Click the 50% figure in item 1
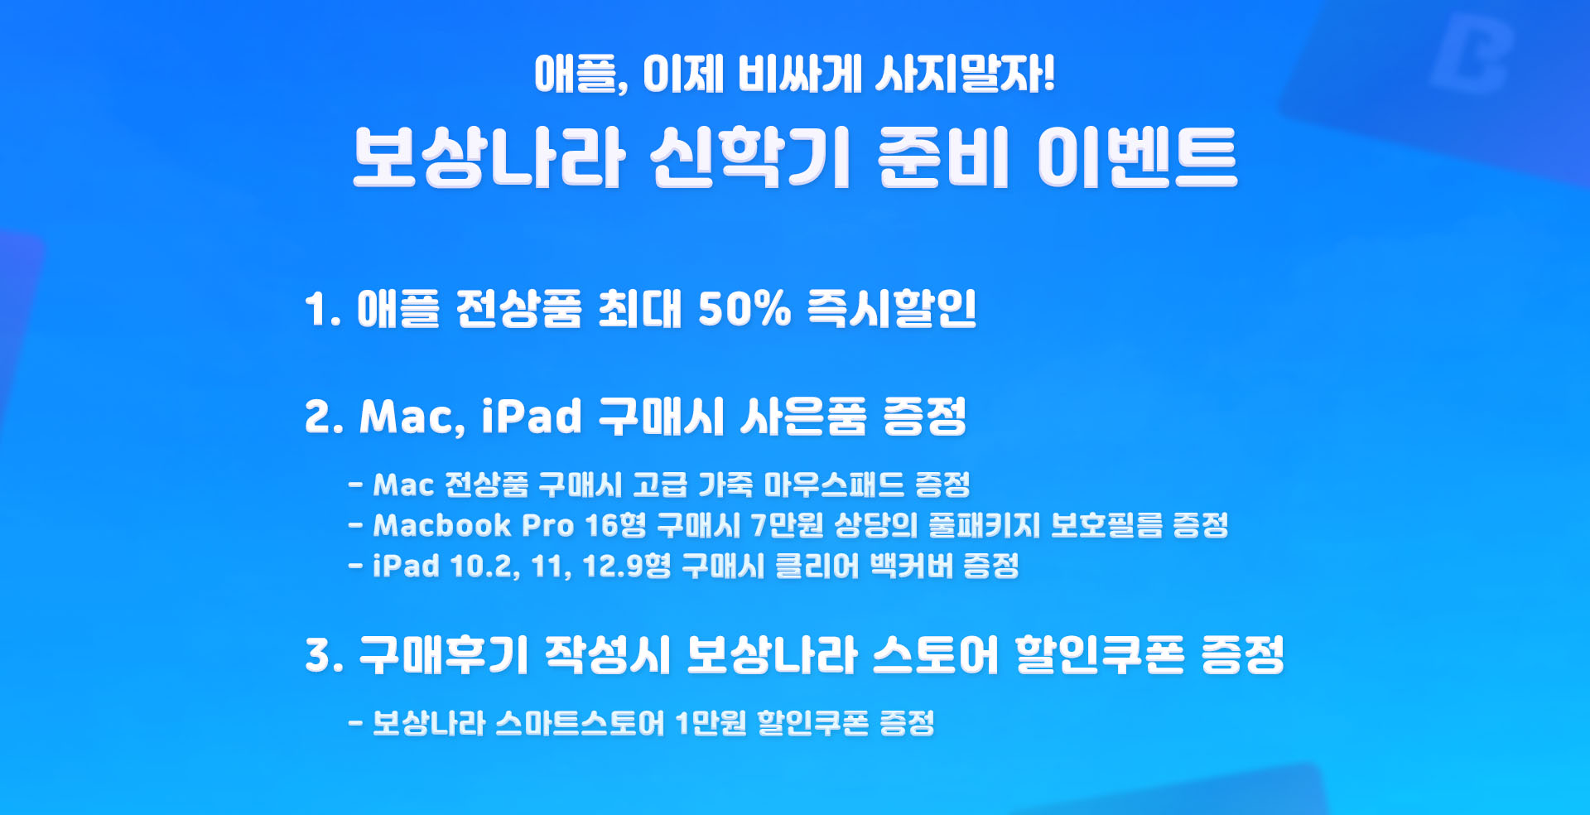click(x=744, y=309)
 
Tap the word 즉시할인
click(x=892, y=309)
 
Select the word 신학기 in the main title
click(x=750, y=157)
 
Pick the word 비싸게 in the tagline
click(x=800, y=74)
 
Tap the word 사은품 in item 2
click(x=803, y=416)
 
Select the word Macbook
click(x=442, y=525)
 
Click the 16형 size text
click(x=615, y=525)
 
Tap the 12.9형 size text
click(x=627, y=567)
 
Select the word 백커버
click(x=912, y=567)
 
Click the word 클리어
click(x=817, y=567)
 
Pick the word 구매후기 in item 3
click(x=444, y=655)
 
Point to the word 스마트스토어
click(x=580, y=723)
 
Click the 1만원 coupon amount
click(x=711, y=723)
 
